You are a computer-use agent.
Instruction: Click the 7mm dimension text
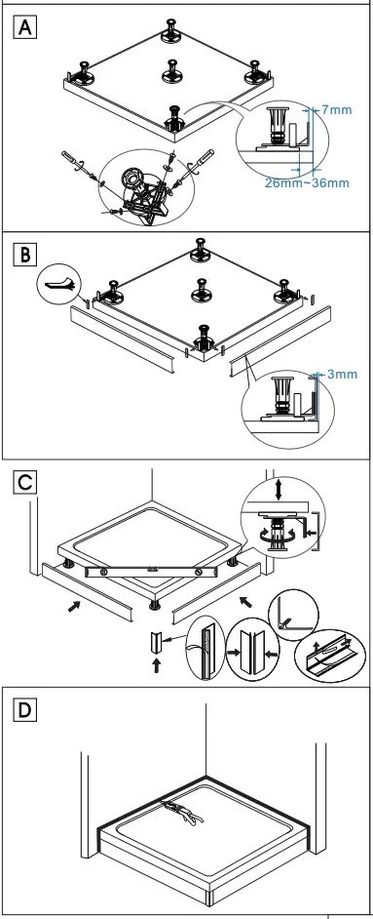[x=335, y=110]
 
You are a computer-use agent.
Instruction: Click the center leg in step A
[x=173, y=70]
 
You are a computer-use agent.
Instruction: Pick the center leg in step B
[x=202, y=289]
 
